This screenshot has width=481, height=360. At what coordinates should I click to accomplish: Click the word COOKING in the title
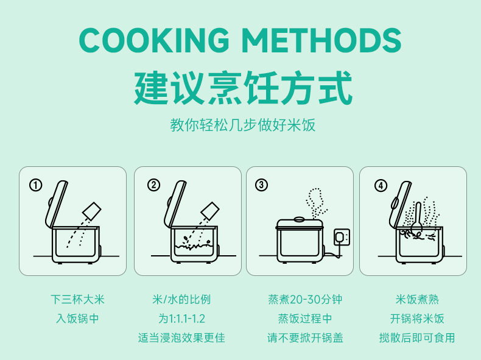tap(154, 40)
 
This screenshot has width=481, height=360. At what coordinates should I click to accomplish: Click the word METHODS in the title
tap(322, 40)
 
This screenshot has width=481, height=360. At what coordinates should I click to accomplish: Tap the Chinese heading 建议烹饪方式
tap(243, 88)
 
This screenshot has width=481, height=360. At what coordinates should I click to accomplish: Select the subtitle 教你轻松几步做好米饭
tap(243, 125)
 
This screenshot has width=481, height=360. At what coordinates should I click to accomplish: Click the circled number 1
tap(35, 185)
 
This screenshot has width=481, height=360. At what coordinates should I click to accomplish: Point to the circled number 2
tap(153, 185)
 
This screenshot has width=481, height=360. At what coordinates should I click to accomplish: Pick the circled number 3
tap(261, 185)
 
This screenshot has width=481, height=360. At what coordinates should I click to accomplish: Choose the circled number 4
tap(381, 185)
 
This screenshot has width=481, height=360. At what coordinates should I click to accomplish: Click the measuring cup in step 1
tap(92, 211)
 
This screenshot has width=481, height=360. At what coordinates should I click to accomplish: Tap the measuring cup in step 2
tap(210, 211)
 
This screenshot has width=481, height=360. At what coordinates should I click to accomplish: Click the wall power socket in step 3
tap(342, 237)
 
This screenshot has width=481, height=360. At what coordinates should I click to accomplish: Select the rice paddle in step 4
tap(417, 219)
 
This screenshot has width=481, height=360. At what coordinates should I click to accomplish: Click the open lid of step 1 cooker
tap(57, 204)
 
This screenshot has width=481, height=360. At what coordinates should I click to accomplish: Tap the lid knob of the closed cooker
tap(299, 219)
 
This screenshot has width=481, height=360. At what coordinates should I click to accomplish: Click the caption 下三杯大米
tap(77, 299)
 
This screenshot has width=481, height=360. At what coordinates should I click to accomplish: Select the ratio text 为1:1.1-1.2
tap(181, 319)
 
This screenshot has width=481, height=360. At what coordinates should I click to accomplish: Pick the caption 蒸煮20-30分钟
tap(305, 299)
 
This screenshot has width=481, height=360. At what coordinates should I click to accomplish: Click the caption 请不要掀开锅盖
tap(305, 337)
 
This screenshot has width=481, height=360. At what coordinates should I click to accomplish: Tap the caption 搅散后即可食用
tap(417, 337)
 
